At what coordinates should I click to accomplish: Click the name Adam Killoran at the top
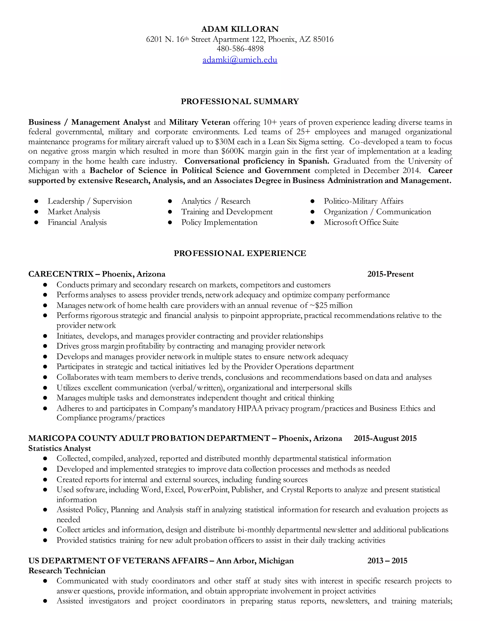240,29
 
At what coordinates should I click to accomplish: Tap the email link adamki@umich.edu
240,60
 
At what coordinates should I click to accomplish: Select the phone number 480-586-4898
240,49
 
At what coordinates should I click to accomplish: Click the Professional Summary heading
240,101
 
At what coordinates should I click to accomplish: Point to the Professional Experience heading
240,253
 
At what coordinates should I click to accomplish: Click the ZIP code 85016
323,39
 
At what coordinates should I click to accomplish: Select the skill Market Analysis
74,212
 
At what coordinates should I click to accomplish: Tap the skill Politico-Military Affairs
364,201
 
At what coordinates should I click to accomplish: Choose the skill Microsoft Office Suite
361,222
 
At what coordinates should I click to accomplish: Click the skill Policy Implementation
219,222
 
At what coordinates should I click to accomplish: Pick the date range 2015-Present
390,274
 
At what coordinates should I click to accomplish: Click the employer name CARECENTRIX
61,274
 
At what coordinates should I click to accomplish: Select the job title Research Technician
67,571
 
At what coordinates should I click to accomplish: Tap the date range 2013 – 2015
387,561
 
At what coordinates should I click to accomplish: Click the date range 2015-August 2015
385,438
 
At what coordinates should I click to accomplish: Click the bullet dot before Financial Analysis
36,222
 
